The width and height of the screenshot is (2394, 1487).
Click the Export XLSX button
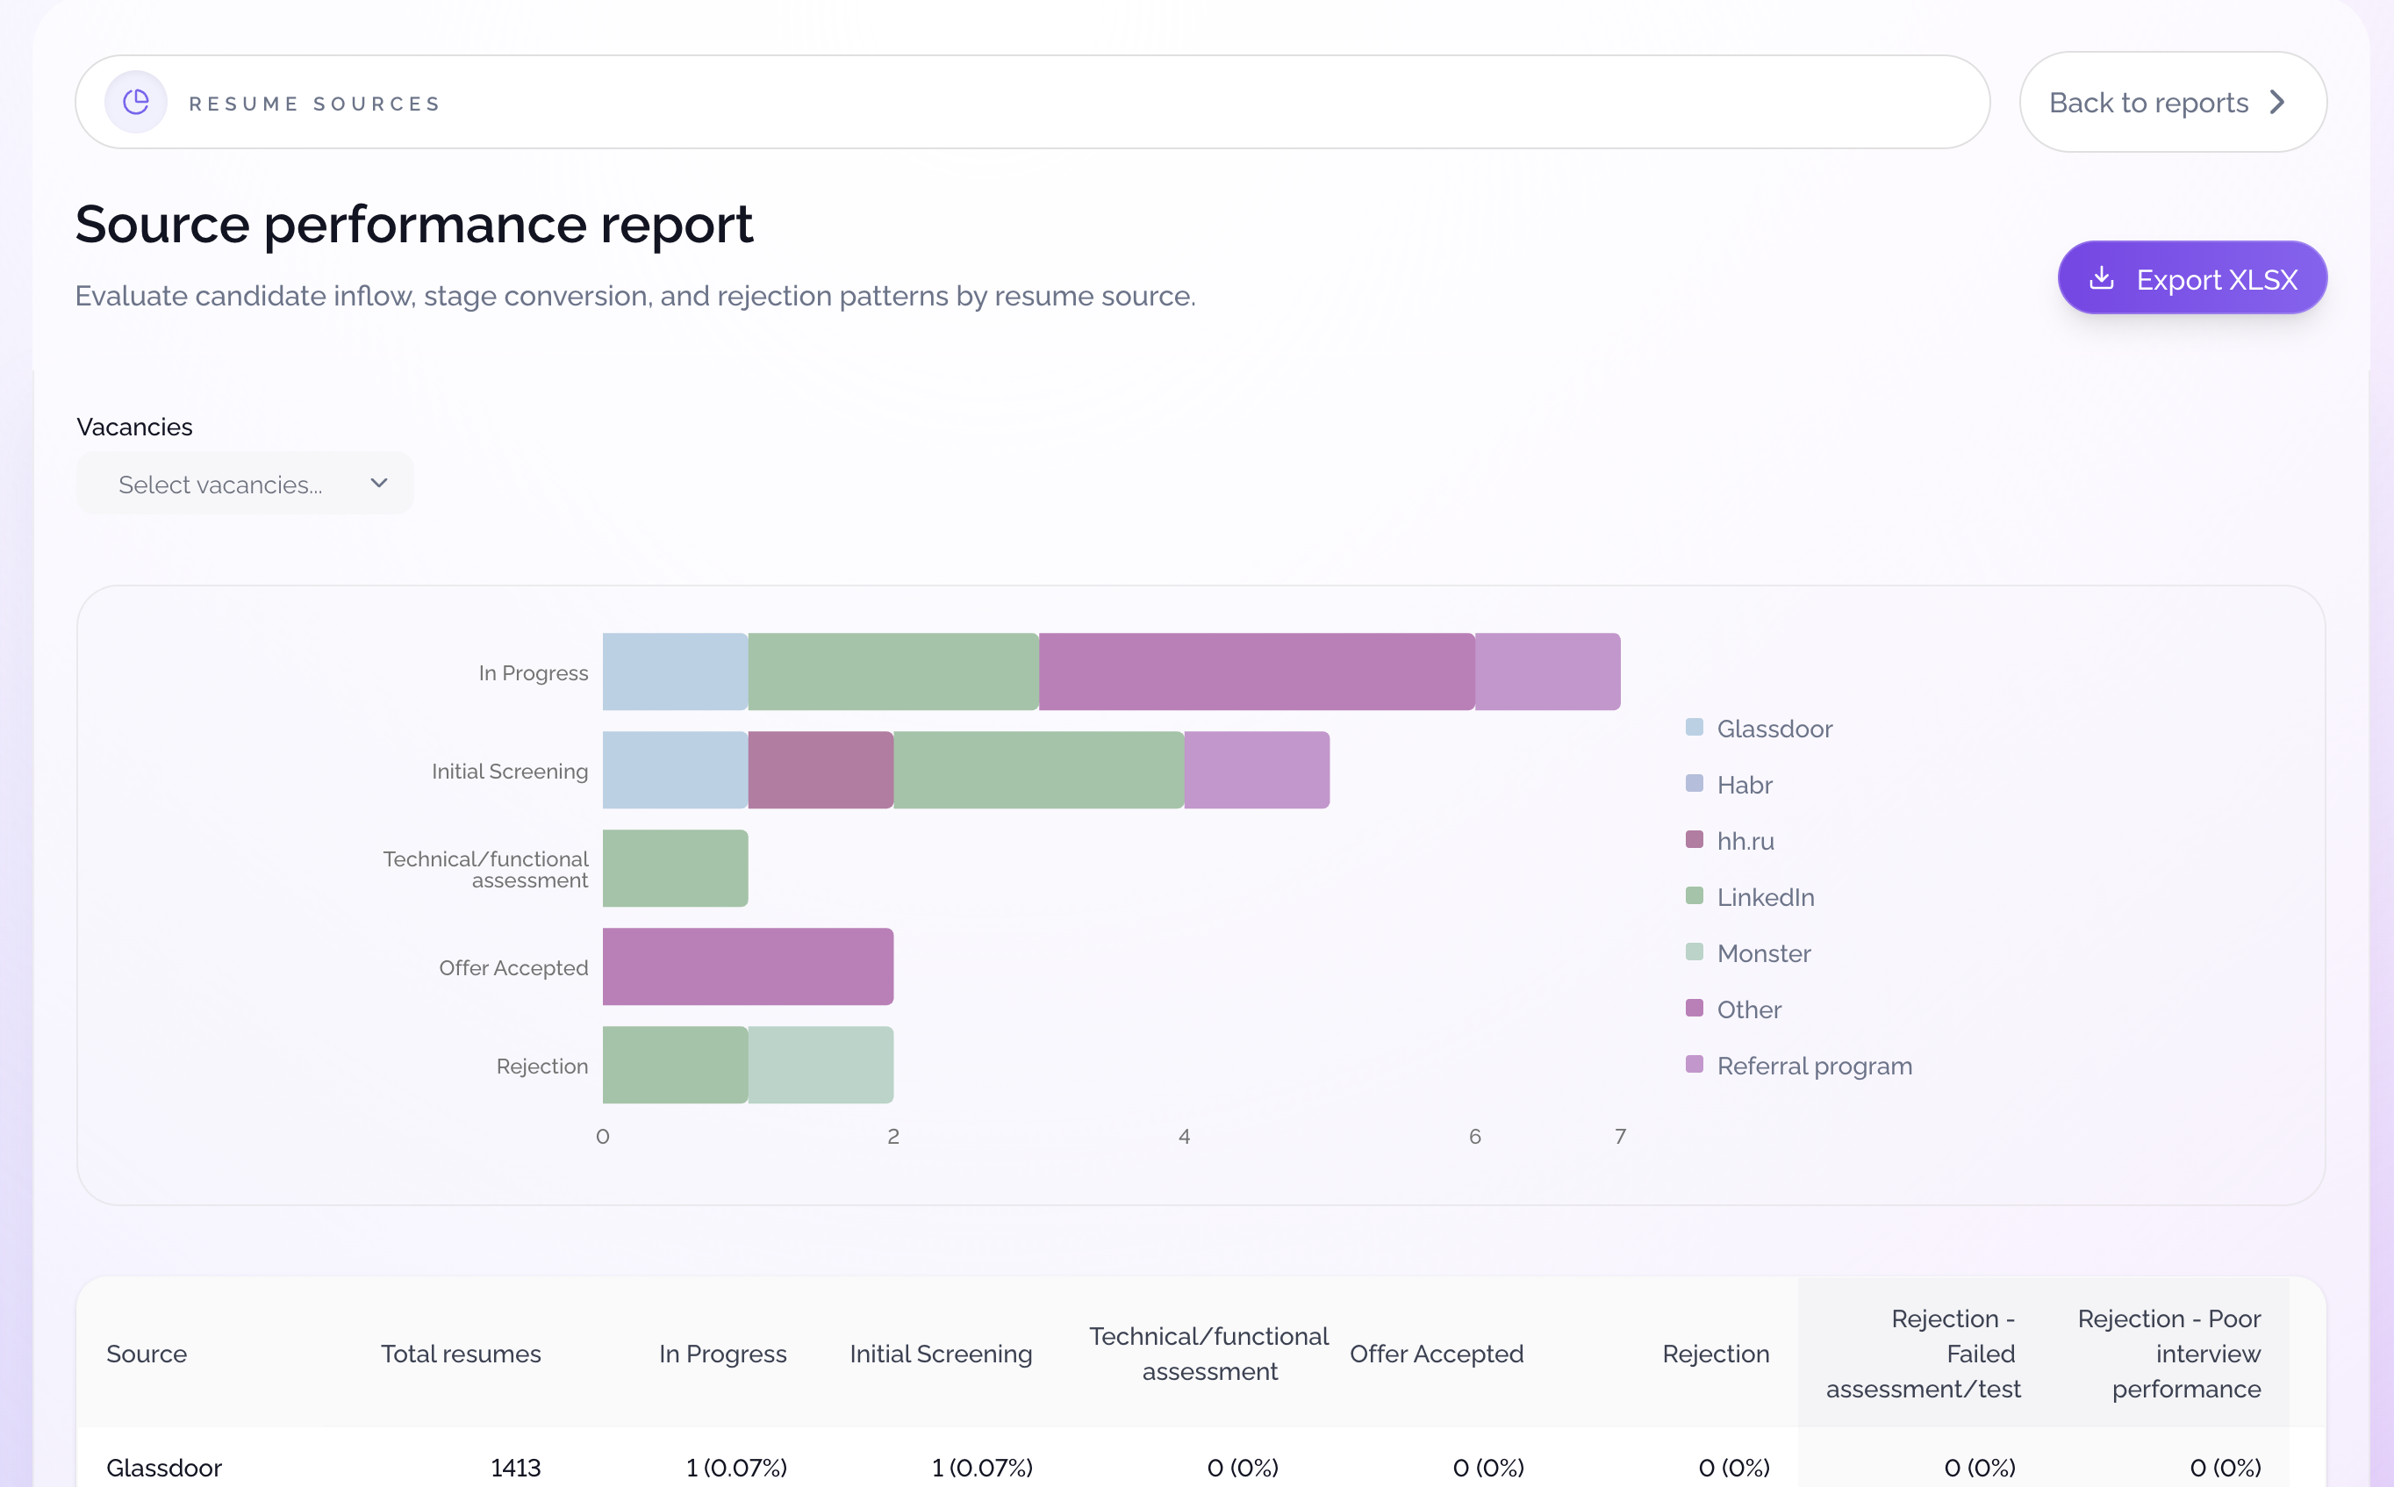2191,278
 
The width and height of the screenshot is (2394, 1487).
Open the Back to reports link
2171,103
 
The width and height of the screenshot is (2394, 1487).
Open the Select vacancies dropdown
245,484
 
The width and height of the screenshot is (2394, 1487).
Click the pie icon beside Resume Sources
136,103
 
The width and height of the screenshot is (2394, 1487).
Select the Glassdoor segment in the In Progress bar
675,672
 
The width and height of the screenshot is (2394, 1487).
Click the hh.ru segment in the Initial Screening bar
820,770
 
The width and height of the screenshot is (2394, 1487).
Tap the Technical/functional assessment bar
675,868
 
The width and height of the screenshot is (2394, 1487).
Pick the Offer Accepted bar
747,966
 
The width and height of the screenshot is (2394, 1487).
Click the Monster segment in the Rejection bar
820,1065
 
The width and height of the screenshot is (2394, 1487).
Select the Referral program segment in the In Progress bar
1546,672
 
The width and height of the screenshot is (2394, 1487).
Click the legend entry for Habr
1743,785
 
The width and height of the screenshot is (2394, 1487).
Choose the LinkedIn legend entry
1764,897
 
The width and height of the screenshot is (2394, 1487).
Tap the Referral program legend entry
1813,1066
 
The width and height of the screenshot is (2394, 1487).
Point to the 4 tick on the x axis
1184,1137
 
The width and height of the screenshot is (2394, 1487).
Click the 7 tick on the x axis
1619,1137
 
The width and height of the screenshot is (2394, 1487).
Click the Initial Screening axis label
509,771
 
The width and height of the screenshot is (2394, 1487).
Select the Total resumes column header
460,1354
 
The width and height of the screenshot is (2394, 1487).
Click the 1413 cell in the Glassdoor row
515,1468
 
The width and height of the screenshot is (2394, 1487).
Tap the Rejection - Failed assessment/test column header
1922,1354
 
